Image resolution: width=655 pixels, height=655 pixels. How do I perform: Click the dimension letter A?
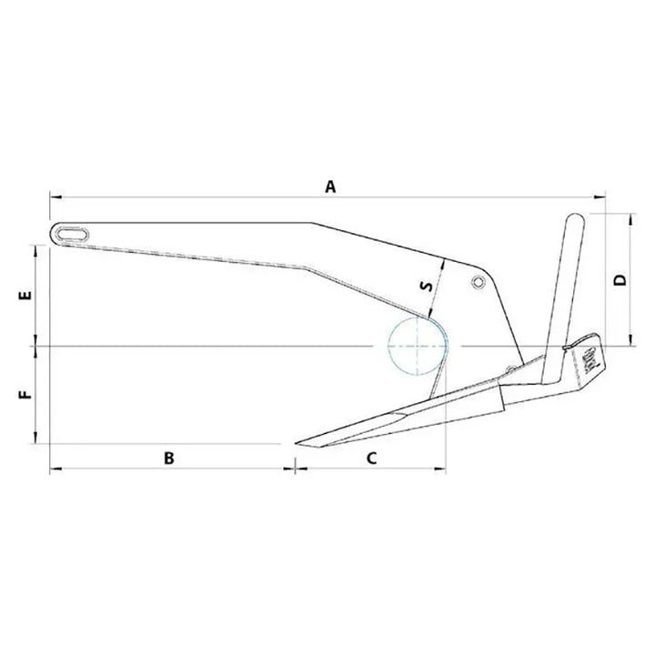pyautogui.click(x=330, y=186)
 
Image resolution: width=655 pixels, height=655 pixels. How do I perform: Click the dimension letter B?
pyautogui.click(x=169, y=458)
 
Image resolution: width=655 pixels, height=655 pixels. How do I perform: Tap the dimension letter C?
pyautogui.click(x=371, y=458)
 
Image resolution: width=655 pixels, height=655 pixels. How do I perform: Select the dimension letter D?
pyautogui.click(x=620, y=279)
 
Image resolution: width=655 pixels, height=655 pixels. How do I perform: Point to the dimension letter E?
pyautogui.click(x=25, y=296)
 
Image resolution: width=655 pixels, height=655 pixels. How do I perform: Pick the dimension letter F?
pyautogui.click(x=25, y=394)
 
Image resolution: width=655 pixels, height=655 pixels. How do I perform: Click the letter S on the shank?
pyautogui.click(x=427, y=287)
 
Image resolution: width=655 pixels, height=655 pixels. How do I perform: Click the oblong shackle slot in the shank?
pyautogui.click(x=73, y=234)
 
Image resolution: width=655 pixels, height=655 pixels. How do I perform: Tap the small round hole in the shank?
pyautogui.click(x=478, y=282)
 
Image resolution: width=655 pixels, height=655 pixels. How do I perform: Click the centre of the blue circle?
pyautogui.click(x=418, y=346)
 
